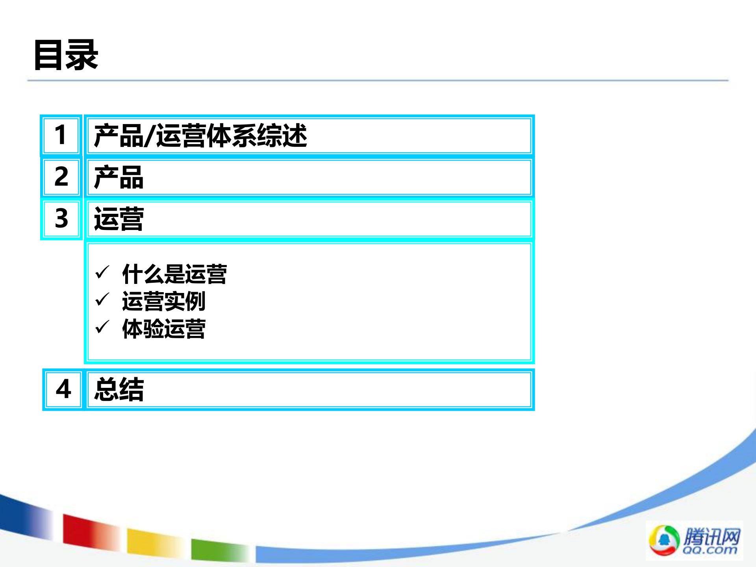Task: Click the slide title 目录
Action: tap(66, 55)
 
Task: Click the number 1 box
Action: tap(61, 135)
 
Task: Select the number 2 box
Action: tap(61, 177)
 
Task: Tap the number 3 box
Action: tap(61, 219)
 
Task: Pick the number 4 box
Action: tap(63, 389)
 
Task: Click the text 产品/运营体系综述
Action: tap(200, 135)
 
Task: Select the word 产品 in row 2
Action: tap(119, 177)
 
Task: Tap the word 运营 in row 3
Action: tap(119, 219)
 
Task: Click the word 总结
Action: tap(119, 389)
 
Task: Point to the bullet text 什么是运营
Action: tap(174, 274)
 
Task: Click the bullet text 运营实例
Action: tap(164, 301)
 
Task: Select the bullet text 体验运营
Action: tap(164, 329)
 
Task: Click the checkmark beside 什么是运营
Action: tap(102, 272)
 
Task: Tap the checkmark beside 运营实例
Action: tap(102, 300)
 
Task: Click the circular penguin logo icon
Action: tap(664, 540)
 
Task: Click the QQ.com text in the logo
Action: tap(710, 550)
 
